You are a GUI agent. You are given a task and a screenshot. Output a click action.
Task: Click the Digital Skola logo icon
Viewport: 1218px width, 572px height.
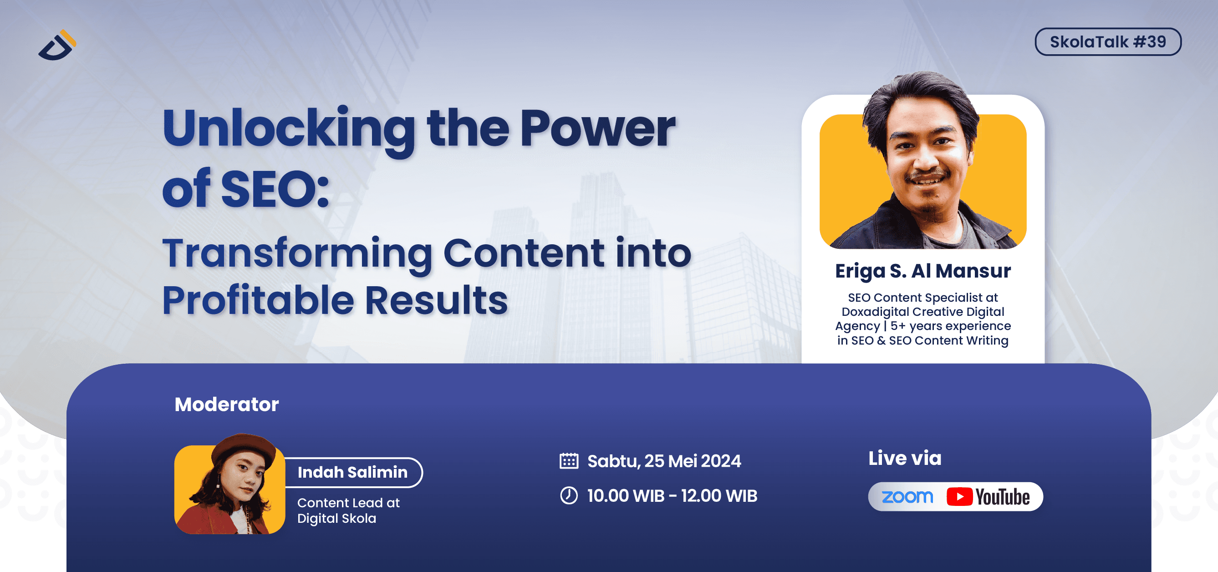[x=57, y=46]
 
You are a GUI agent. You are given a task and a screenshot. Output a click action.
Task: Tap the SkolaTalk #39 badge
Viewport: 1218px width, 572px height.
[x=1107, y=41]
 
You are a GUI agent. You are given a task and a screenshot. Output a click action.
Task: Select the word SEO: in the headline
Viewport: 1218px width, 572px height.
[x=274, y=189]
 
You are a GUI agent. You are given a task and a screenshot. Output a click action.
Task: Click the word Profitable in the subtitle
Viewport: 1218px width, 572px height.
[x=258, y=300]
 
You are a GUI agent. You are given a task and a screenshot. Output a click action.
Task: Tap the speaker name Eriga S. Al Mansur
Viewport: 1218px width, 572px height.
[x=922, y=271]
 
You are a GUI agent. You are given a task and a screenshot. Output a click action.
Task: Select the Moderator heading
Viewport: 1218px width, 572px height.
[x=226, y=405]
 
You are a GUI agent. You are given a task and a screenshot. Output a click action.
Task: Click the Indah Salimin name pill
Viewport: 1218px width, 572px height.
[x=352, y=472]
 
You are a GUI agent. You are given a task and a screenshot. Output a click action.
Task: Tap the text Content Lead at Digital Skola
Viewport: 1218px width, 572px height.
[x=348, y=510]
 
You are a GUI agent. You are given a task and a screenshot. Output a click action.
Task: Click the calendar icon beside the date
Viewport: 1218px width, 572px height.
[x=569, y=461]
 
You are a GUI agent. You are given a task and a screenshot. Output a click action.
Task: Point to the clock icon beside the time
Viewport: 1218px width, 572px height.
[x=569, y=495]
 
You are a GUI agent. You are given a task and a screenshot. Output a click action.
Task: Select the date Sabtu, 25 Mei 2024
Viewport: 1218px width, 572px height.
[x=664, y=461]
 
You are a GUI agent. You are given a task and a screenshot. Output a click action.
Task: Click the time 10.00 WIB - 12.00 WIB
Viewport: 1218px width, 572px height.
[x=672, y=496]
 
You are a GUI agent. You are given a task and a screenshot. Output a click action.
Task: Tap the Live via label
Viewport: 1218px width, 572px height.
[x=905, y=458]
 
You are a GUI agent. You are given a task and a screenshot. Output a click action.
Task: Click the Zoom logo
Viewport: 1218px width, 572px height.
[x=907, y=497]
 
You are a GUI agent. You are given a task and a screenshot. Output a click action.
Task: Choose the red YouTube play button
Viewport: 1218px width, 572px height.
[x=959, y=497]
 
